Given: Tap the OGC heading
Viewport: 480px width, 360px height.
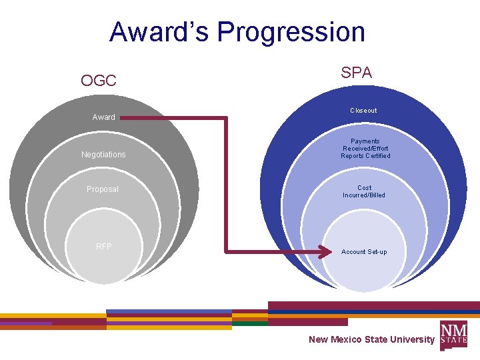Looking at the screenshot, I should point(99,81).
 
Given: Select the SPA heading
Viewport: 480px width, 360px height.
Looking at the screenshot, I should point(356,73).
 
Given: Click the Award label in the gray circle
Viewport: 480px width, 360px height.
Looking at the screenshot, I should point(103,117).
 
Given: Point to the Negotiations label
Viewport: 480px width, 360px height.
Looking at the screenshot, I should point(103,155).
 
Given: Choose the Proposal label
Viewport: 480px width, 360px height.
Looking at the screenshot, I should point(103,189).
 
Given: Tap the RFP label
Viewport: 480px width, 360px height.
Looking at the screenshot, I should point(103,247).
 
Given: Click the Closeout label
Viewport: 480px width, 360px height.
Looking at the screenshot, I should point(363,111).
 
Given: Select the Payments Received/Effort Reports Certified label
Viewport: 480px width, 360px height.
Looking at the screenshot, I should point(365,149).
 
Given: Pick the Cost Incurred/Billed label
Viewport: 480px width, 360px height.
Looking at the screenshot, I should point(364,191).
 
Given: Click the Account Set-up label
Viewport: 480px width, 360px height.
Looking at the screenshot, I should point(364,252).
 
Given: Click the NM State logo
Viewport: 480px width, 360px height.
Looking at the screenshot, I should point(453,333).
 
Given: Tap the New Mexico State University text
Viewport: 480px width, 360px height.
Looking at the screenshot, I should point(371,339).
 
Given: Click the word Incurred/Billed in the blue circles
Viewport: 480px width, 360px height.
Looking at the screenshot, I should point(364,195).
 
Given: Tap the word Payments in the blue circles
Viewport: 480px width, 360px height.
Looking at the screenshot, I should point(365,141).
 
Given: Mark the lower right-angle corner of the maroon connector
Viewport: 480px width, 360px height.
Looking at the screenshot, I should point(227,252).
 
